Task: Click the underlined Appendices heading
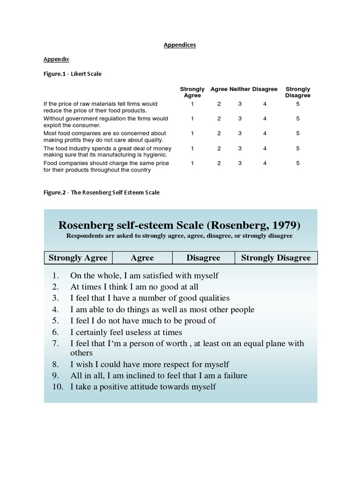[x=180, y=45]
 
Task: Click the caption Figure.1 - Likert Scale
[x=73, y=74]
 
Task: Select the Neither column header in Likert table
[x=240, y=89]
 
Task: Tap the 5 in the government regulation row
[x=298, y=119]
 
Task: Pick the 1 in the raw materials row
[x=192, y=104]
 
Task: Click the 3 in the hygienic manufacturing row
[x=240, y=148]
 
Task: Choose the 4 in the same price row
[x=265, y=163]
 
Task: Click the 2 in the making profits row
[x=219, y=133]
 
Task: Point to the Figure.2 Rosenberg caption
[x=102, y=192]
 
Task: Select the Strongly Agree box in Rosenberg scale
[x=78, y=258]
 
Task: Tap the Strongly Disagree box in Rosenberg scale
[x=276, y=258]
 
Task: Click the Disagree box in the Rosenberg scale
[x=203, y=258]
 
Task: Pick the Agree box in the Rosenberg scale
[x=142, y=258]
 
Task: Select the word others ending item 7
[x=82, y=353]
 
